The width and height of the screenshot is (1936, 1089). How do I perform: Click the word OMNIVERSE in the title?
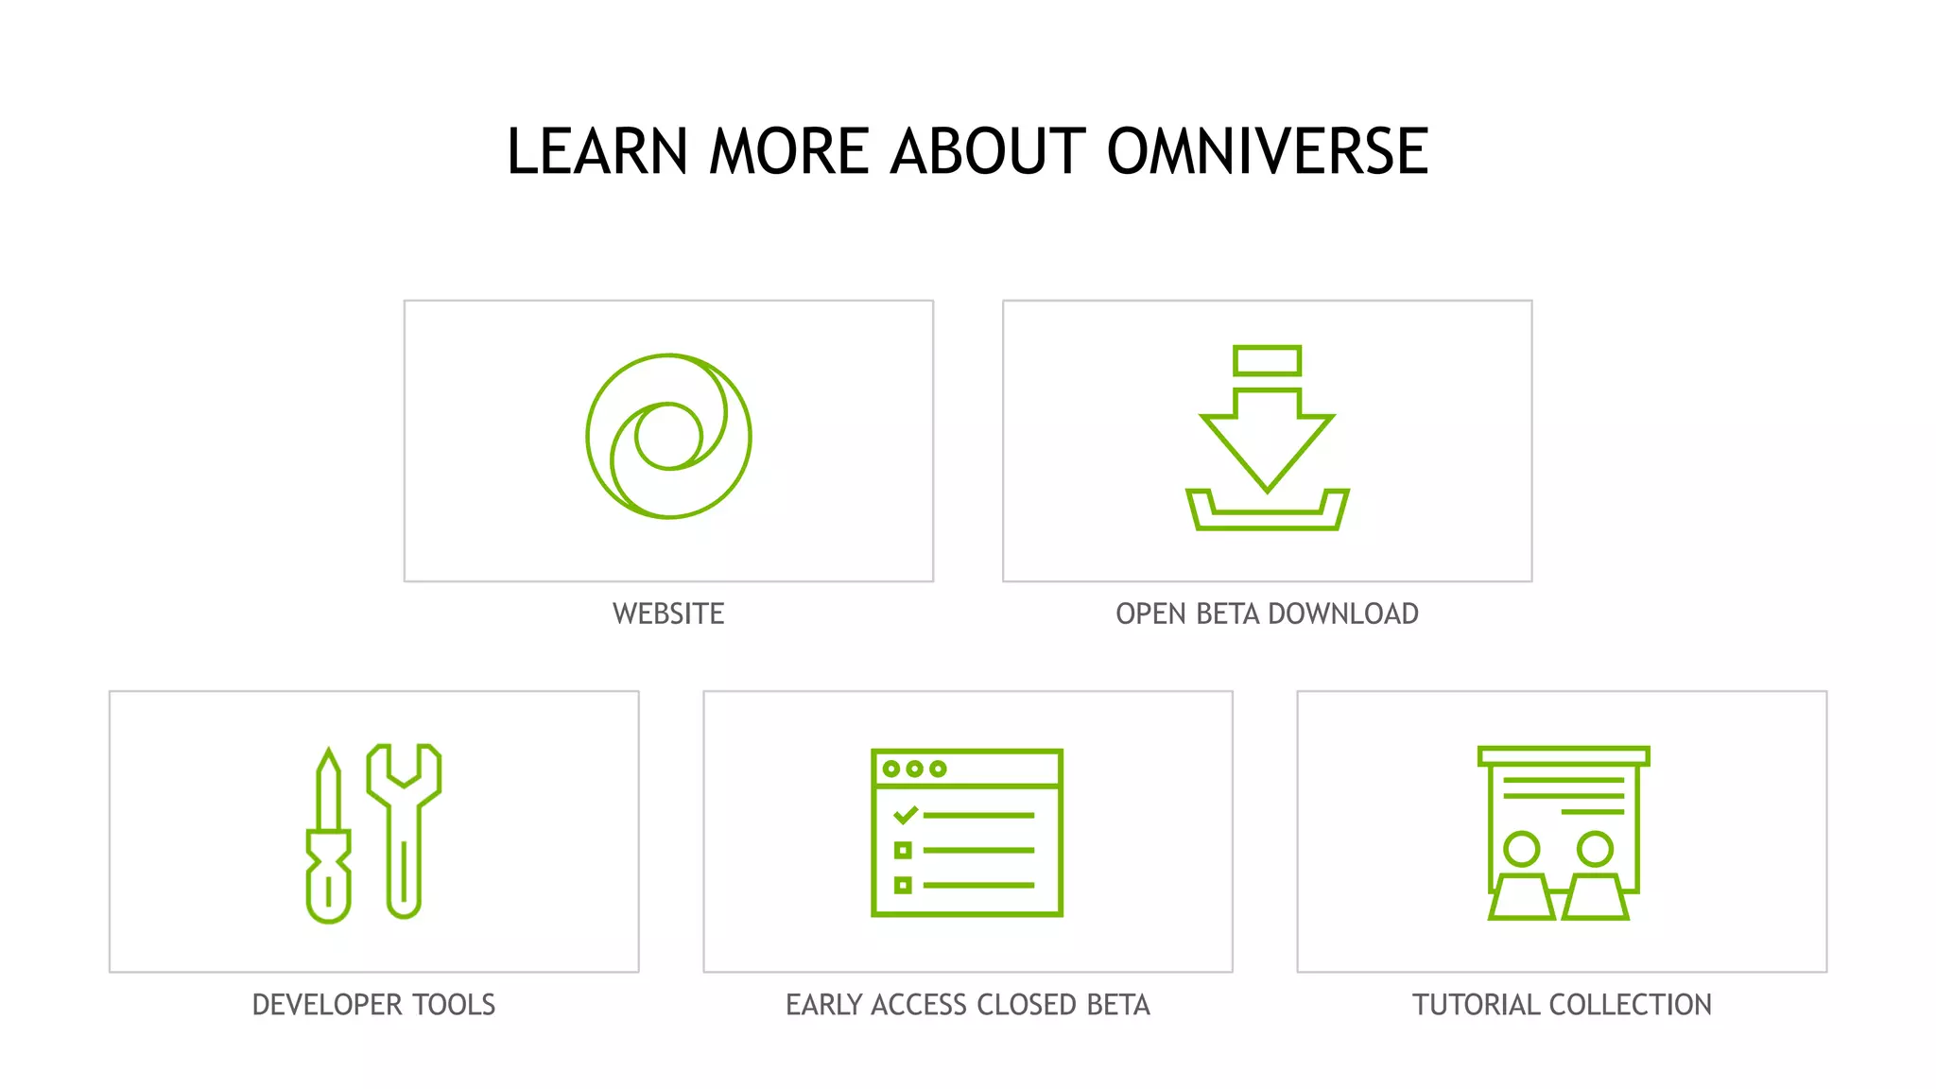(1267, 151)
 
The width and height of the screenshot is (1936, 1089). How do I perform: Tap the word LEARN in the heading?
(596, 151)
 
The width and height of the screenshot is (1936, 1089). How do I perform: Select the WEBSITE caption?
(668, 614)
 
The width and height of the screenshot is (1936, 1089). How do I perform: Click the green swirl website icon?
(668, 436)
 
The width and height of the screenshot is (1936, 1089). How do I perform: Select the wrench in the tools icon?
(405, 828)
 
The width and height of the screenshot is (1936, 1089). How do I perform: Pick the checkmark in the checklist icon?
(905, 814)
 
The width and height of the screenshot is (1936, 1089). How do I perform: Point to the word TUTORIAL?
(1476, 1004)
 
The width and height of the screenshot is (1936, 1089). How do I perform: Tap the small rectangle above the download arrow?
(1267, 361)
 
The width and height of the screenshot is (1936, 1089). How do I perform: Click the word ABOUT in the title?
(989, 151)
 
